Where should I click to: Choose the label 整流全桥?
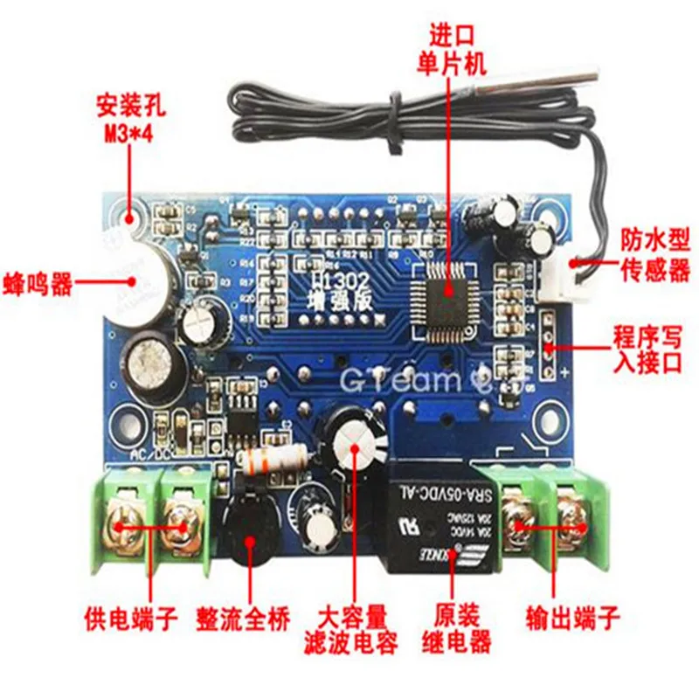(253, 620)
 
